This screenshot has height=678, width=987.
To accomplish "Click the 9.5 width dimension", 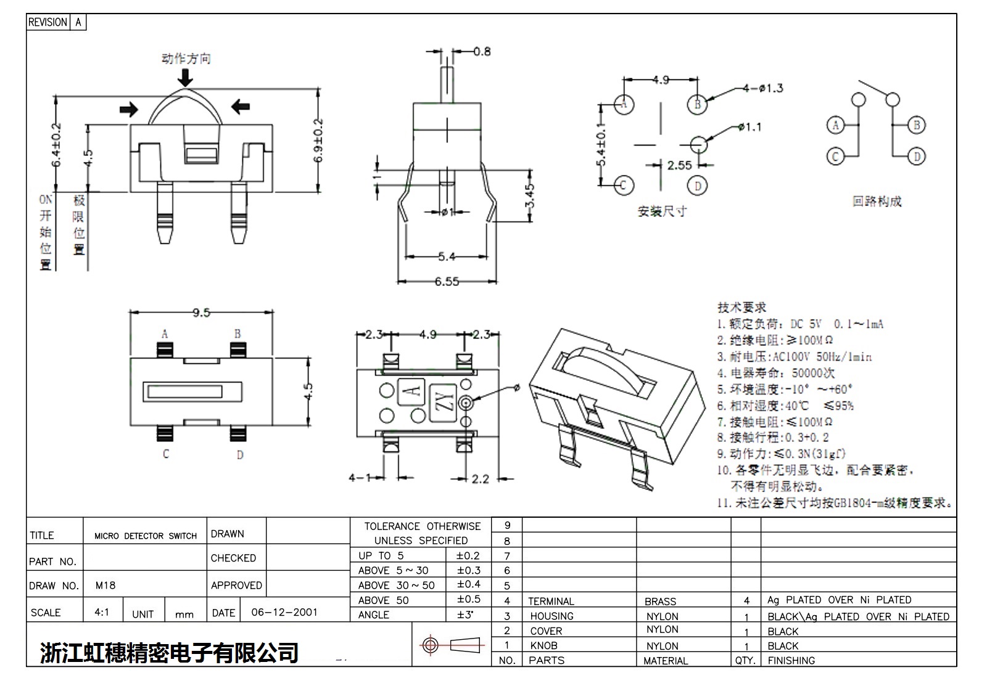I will [201, 312].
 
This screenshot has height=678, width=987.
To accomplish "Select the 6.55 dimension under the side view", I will [447, 282].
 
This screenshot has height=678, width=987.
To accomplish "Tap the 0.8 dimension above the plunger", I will [482, 52].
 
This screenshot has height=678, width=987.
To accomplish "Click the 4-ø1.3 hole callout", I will [762, 89].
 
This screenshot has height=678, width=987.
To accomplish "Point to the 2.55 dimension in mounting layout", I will [679, 165].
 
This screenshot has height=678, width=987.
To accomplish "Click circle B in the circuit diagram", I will [917, 125].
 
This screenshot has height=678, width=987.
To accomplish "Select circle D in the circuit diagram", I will [917, 157].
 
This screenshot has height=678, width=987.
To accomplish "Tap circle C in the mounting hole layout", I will [624, 185].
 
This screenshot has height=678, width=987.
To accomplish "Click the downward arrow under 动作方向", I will [185, 77].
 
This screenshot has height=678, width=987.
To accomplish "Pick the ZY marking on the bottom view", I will [445, 401].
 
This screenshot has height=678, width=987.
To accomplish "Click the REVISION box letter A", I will [78, 22].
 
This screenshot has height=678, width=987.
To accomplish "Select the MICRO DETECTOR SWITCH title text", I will [146, 536].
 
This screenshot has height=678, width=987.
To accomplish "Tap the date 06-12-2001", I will [284, 612].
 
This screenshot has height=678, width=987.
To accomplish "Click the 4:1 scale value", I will [102, 612].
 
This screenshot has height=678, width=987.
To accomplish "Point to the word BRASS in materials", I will [660, 601].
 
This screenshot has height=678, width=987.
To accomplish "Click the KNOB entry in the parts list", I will [543, 645].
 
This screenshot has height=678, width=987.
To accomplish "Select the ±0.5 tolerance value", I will [468, 599].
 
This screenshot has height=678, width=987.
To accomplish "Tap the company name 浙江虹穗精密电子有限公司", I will [170, 652].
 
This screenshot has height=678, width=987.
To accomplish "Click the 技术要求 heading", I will [741, 307].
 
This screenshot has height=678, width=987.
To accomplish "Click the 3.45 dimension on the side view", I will [530, 197].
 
